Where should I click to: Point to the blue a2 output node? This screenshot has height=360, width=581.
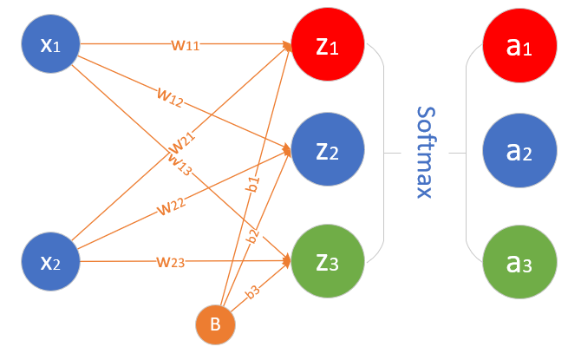tap(519, 153)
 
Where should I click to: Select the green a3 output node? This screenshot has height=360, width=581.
tap(519, 261)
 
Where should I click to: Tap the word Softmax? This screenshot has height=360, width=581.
tap(425, 153)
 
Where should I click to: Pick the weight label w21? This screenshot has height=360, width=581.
tap(181, 141)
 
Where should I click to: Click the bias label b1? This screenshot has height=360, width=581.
tap(254, 184)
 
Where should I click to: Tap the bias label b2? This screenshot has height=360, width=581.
tap(252, 237)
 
